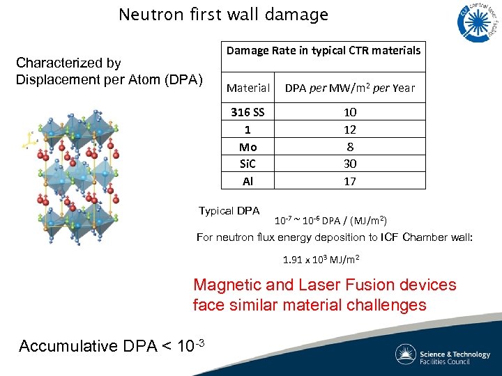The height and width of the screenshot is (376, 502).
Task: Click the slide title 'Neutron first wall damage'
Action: coord(223,15)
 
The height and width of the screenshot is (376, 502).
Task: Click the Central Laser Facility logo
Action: coord(477,22)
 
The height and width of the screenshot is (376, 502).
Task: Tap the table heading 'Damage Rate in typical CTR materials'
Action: coord(324,50)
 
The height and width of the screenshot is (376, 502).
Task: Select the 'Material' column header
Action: coord(248,88)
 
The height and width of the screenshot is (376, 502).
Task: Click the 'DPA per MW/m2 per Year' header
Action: coord(350,88)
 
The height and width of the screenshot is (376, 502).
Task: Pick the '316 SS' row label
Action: coord(248,112)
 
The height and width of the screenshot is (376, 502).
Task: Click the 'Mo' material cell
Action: coord(248,147)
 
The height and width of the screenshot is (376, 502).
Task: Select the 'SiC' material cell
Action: coord(248,164)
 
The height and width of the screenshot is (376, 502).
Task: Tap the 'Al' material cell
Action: coord(248,181)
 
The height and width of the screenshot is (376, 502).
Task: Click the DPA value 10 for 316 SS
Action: coord(350,112)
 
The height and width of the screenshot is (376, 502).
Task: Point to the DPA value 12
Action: coord(350,130)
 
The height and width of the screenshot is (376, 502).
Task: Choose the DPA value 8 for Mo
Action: coord(350,147)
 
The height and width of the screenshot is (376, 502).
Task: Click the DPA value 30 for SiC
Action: coord(350,164)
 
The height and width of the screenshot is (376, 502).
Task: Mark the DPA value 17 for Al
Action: coord(350,181)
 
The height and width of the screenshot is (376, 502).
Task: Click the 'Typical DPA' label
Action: coord(229,211)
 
